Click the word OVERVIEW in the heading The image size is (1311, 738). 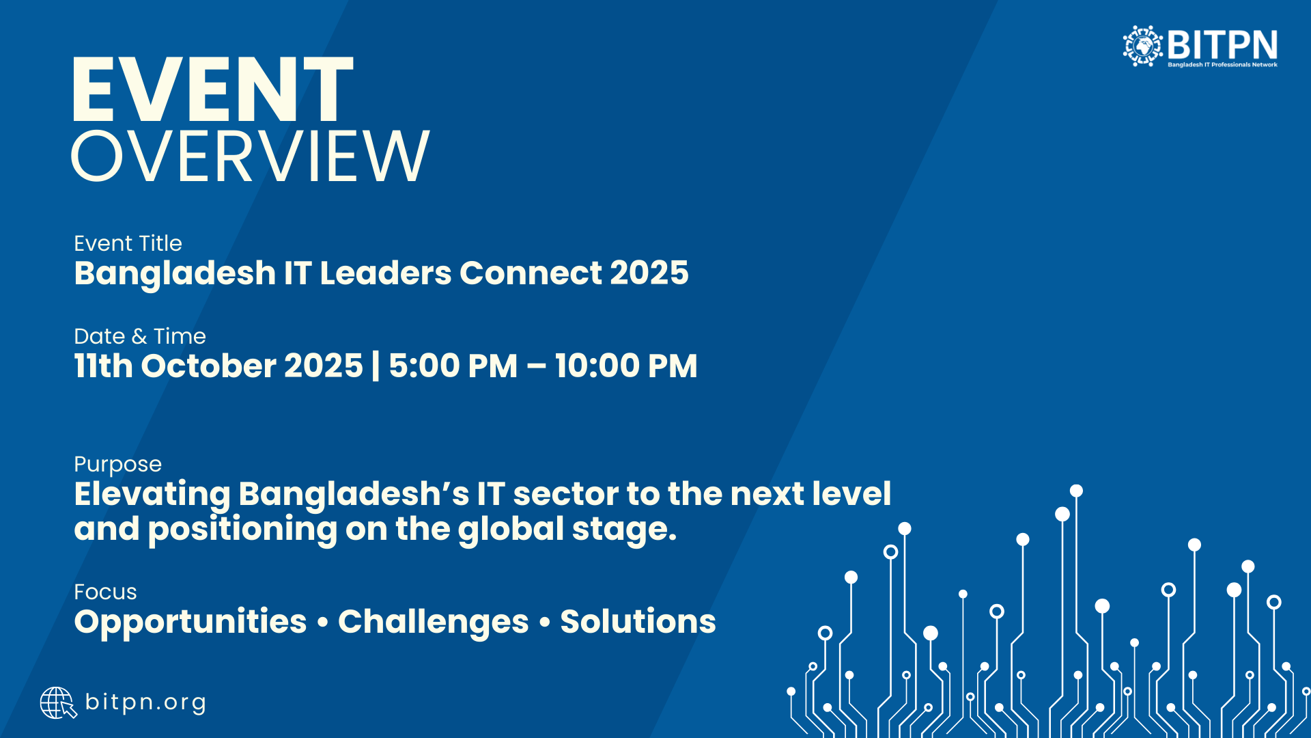250,156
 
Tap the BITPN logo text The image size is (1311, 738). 1222,45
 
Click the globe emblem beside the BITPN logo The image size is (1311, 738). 1143,46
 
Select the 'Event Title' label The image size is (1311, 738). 128,243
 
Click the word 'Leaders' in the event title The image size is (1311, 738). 386,273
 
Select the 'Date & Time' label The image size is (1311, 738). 140,336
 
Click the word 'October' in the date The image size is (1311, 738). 208,366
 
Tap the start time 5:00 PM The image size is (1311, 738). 453,366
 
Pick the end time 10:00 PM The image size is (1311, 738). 626,366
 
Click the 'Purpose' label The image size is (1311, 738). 118,465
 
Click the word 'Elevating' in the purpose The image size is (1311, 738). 152,495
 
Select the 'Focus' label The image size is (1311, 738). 106,592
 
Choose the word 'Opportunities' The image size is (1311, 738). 191,623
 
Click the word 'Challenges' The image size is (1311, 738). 434,623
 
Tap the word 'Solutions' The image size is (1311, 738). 638,621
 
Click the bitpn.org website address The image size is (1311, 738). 145,702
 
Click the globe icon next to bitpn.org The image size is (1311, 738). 58,703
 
